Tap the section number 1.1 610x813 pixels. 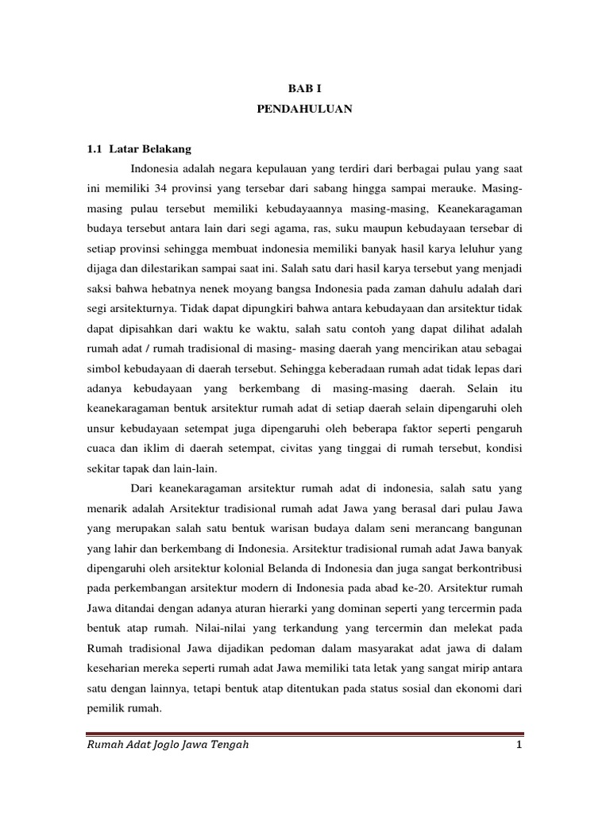point(95,148)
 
